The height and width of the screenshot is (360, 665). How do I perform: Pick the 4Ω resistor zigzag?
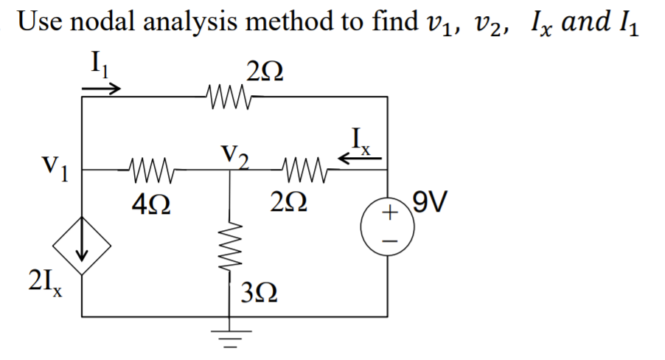click(150, 170)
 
